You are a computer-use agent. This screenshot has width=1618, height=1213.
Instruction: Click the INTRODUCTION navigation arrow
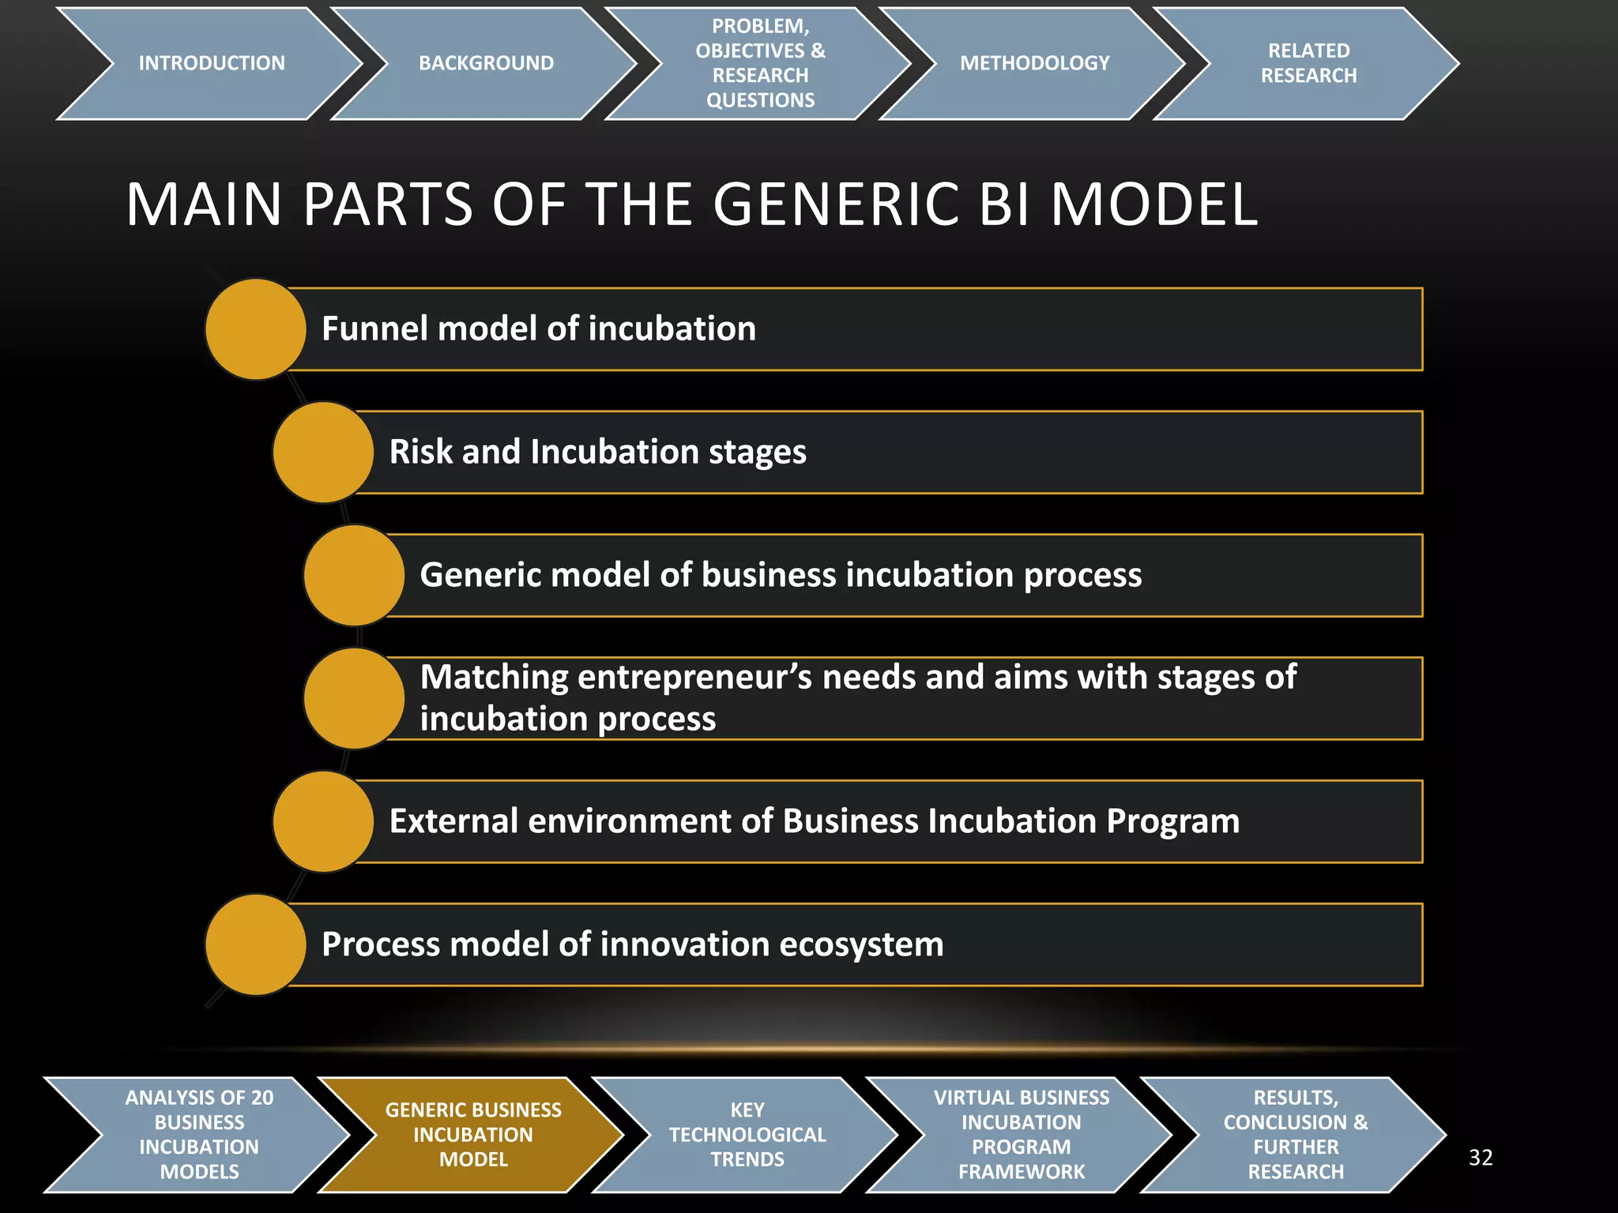[211, 63]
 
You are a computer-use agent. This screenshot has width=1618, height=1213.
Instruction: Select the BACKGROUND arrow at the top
[486, 63]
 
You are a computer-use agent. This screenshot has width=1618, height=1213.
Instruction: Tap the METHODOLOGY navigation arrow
[1034, 63]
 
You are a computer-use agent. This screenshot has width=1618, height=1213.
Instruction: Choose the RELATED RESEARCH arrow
[1308, 63]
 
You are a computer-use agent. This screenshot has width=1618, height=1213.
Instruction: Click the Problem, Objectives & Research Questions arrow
[760, 63]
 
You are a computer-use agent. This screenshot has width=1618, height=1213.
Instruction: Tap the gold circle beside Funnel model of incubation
[255, 329]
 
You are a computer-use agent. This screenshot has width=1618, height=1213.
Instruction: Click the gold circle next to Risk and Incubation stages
[322, 452]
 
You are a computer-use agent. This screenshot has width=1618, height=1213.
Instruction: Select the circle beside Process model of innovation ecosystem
[255, 944]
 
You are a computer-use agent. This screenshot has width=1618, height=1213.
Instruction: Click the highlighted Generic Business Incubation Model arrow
[472, 1135]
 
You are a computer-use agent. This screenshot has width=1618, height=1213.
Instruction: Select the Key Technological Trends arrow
[747, 1135]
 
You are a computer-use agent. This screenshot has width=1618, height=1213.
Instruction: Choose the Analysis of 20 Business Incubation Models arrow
[199, 1135]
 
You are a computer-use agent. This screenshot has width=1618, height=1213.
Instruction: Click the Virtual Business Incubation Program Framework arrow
[1021, 1135]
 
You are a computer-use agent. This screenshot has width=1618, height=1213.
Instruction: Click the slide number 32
[1480, 1158]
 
